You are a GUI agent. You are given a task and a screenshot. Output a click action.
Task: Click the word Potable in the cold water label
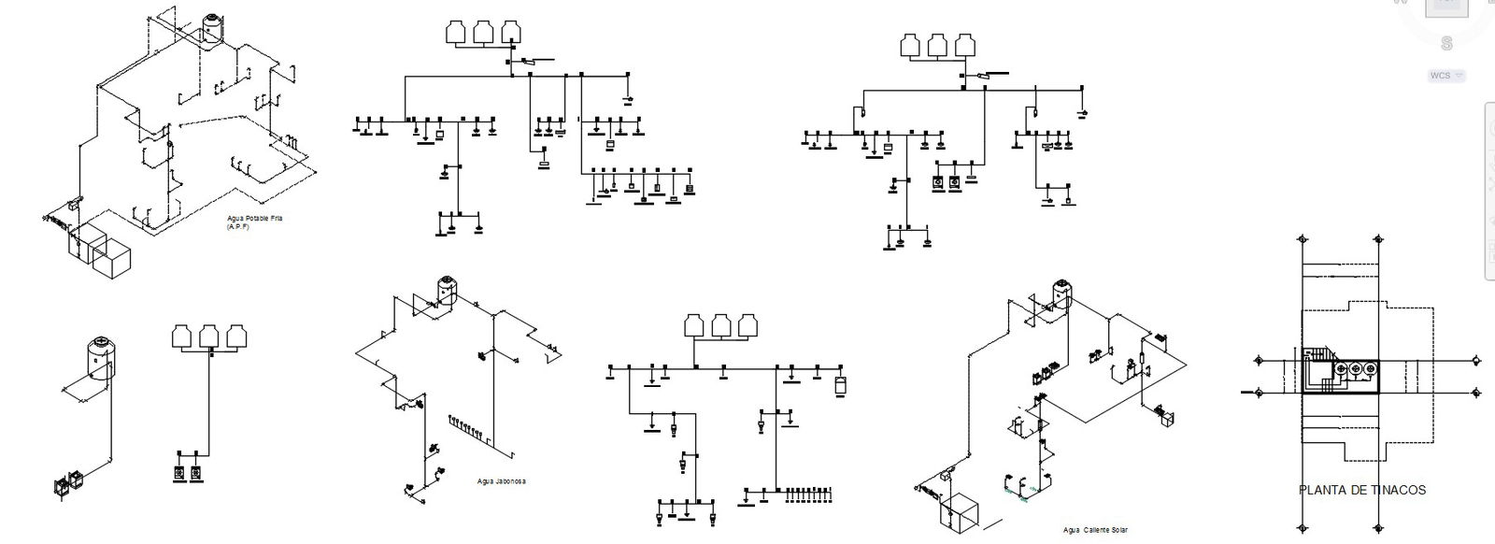(x=255, y=218)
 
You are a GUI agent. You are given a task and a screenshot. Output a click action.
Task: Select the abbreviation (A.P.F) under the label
(x=238, y=226)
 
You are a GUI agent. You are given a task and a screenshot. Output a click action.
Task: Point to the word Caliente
(x=1095, y=530)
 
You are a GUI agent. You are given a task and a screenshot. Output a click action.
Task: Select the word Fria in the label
(x=276, y=218)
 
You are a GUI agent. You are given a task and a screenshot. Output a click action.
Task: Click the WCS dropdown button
(x=1445, y=75)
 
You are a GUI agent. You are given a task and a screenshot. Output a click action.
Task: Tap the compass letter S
(x=1446, y=43)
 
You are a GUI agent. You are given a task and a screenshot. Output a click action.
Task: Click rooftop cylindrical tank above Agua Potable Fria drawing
(x=212, y=28)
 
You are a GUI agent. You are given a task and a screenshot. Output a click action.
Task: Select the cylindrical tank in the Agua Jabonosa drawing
(x=445, y=290)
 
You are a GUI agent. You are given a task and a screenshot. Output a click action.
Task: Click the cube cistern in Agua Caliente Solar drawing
(x=961, y=515)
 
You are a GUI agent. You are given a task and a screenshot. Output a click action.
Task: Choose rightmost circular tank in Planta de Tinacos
(x=1370, y=371)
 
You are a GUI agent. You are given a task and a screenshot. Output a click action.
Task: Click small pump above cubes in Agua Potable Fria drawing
(x=72, y=205)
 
